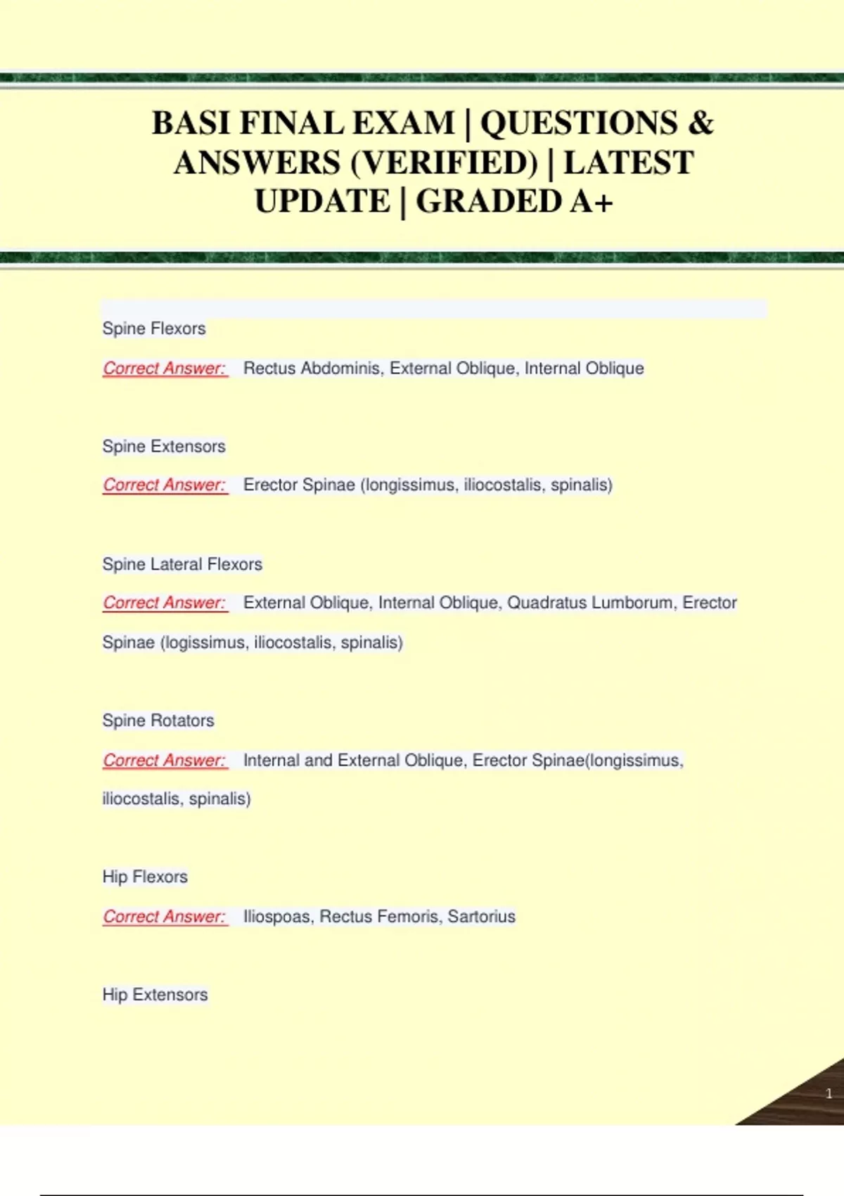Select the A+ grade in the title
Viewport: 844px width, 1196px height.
pyautogui.click(x=592, y=202)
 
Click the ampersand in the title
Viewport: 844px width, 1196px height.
pyautogui.click(x=700, y=124)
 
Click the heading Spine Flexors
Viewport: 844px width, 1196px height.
pyautogui.click(x=154, y=329)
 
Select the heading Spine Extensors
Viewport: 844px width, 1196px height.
pyautogui.click(x=164, y=447)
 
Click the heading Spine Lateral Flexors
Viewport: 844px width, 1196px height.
pyautogui.click(x=182, y=564)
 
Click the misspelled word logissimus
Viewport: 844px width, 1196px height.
pyautogui.click(x=205, y=643)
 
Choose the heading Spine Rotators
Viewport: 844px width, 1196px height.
pyautogui.click(x=158, y=721)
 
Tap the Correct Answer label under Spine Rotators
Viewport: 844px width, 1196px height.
pyautogui.click(x=165, y=761)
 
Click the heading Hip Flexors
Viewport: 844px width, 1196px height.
pyautogui.click(x=145, y=877)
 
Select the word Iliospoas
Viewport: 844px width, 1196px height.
pyautogui.click(x=276, y=917)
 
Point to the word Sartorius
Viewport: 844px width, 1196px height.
pyautogui.click(x=481, y=917)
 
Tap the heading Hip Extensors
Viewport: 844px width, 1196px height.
pyautogui.click(x=155, y=995)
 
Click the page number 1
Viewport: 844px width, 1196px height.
pyautogui.click(x=829, y=1093)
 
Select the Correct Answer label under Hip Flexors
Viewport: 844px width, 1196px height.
pyautogui.click(x=165, y=917)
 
